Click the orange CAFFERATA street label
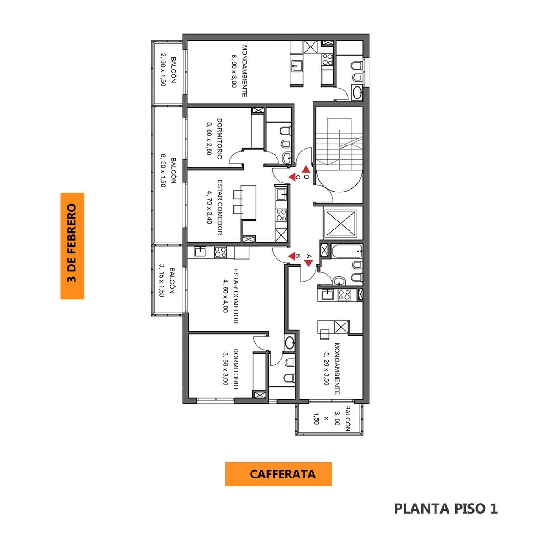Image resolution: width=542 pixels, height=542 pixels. (278, 474)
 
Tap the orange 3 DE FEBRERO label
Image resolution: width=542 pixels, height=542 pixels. (72, 246)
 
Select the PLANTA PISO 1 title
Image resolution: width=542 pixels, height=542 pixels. (446, 508)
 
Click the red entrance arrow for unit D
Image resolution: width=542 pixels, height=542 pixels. (306, 169)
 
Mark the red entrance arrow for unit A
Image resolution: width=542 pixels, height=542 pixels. (308, 263)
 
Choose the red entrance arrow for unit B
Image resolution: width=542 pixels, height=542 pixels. (291, 256)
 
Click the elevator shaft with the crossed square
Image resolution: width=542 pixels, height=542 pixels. (341, 223)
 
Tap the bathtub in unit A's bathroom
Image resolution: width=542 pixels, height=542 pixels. (347, 251)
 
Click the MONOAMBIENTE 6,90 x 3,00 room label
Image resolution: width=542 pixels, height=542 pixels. (239, 71)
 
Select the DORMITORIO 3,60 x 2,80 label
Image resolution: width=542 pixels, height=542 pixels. (215, 139)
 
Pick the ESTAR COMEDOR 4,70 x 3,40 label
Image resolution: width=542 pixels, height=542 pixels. (215, 207)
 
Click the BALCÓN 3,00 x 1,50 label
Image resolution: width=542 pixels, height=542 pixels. (332, 419)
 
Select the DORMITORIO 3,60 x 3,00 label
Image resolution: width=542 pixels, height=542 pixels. (231, 369)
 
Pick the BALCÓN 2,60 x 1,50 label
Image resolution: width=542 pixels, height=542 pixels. (168, 71)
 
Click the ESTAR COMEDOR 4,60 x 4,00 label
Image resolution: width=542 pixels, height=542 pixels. (231, 296)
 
